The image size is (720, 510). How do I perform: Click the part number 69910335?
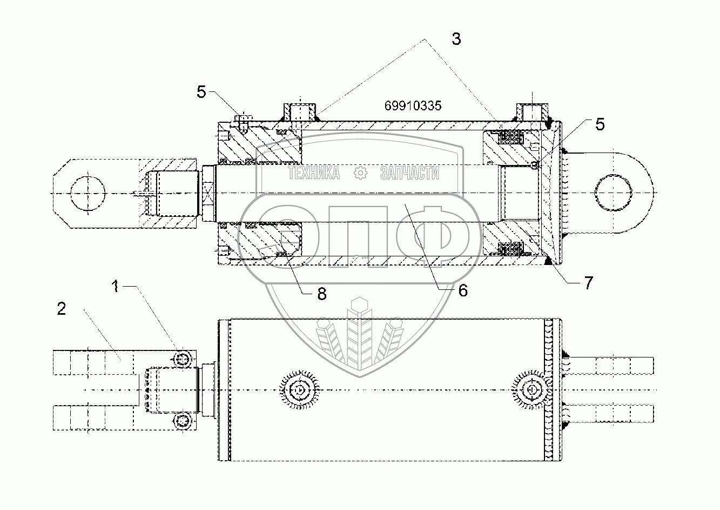[413, 106]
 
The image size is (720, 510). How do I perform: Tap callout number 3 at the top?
[456, 39]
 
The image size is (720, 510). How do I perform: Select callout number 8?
[321, 294]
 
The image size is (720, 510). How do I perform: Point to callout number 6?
[462, 290]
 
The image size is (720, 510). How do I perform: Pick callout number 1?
[116, 287]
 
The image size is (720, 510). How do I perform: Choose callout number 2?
[61, 309]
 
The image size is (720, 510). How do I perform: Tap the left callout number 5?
[201, 92]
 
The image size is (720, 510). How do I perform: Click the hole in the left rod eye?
[86, 193]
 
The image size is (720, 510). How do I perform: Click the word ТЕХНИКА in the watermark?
[314, 173]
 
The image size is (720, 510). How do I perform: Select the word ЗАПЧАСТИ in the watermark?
[409, 173]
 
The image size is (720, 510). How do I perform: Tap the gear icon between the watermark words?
[360, 173]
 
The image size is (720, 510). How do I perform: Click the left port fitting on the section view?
[299, 111]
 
